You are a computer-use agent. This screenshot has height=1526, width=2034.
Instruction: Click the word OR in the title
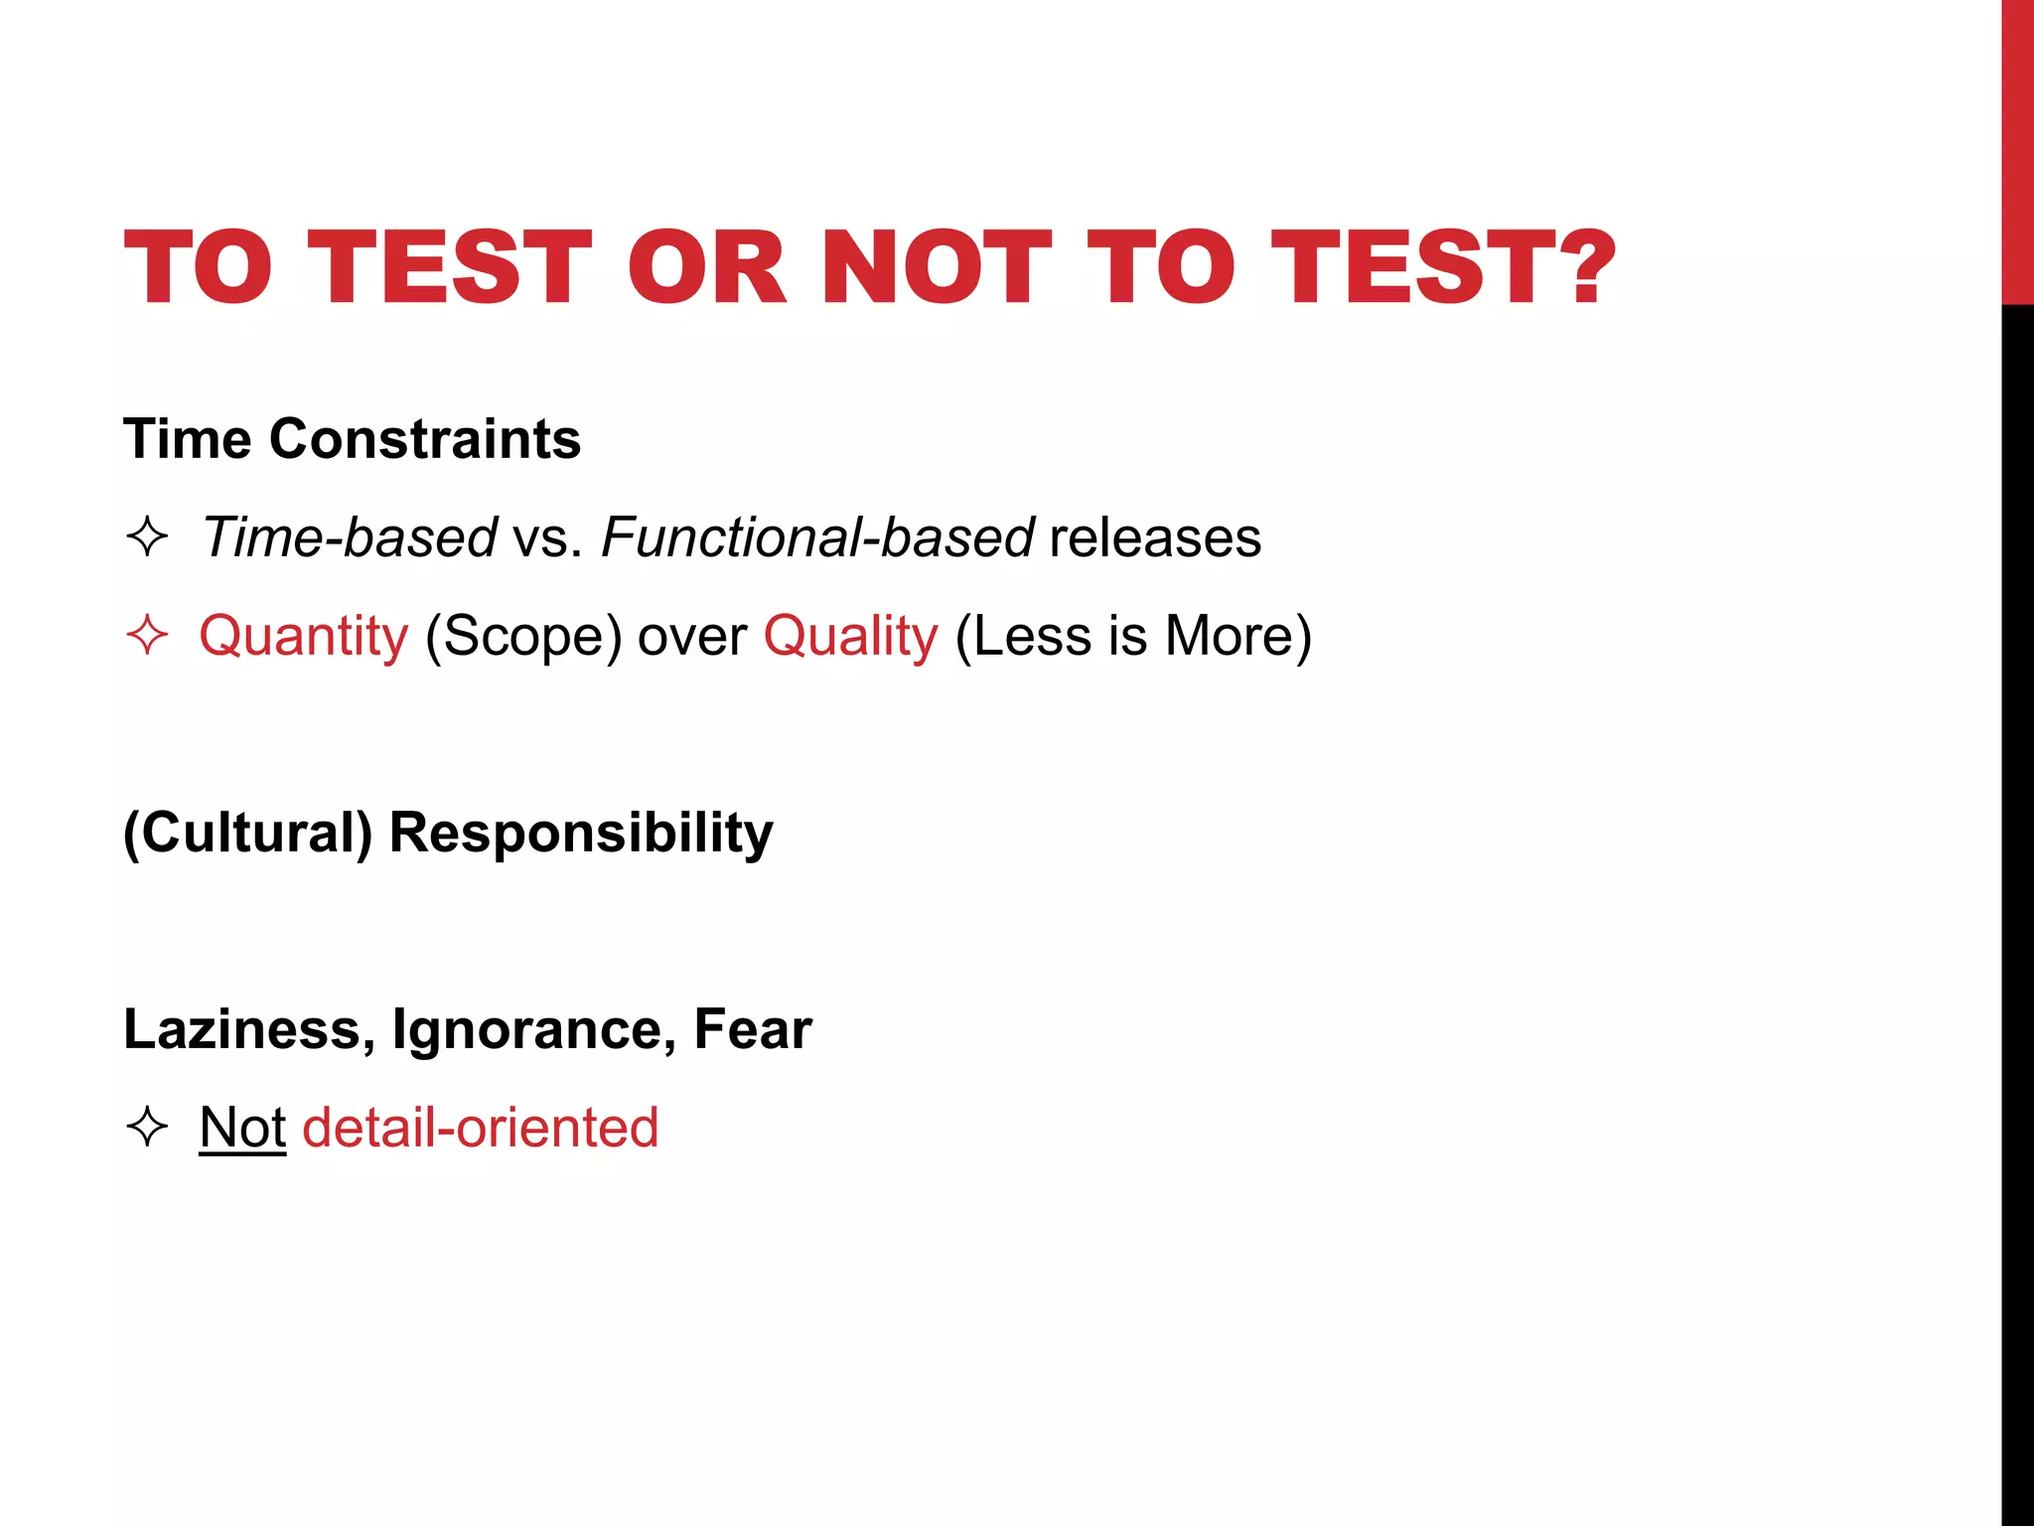[x=706, y=267]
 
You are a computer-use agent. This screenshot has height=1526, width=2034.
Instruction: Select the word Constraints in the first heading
[x=425, y=439]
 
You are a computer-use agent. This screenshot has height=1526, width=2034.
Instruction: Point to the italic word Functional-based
[x=818, y=537]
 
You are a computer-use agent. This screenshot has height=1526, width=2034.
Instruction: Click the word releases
[x=1155, y=537]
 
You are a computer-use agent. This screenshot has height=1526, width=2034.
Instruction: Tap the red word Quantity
[x=304, y=636]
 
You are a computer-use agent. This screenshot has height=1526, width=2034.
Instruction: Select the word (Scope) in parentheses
[x=523, y=636]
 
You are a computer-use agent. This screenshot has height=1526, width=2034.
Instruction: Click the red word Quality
[x=850, y=636]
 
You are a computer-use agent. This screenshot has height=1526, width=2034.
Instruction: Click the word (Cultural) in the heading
[x=247, y=833]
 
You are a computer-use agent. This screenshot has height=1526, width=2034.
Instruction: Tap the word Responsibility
[x=581, y=833]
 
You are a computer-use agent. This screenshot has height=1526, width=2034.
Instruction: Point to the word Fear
[x=753, y=1029]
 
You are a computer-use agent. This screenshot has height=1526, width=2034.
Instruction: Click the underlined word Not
[x=242, y=1128]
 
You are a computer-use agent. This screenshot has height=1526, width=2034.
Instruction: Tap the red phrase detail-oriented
[x=481, y=1128]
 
